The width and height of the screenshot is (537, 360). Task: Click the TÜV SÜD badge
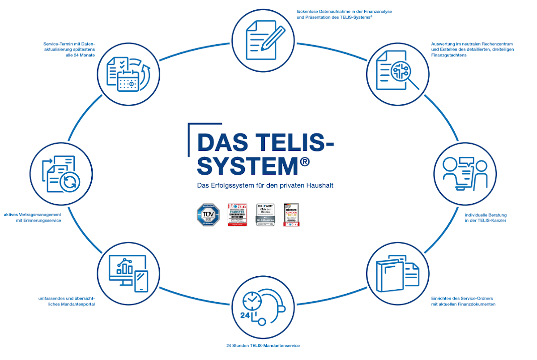(x=209, y=214)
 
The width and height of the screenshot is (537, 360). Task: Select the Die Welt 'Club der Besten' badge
(x=265, y=214)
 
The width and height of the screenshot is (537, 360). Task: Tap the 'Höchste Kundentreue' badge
(x=291, y=214)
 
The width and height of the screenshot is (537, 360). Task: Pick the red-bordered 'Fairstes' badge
(x=237, y=214)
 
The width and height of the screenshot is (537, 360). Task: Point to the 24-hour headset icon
(x=264, y=307)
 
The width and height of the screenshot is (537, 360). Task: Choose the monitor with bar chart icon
(x=128, y=274)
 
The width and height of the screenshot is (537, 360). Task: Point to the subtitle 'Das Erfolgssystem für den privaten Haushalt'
(x=265, y=185)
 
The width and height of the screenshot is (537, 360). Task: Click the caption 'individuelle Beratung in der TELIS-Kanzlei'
(x=486, y=218)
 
